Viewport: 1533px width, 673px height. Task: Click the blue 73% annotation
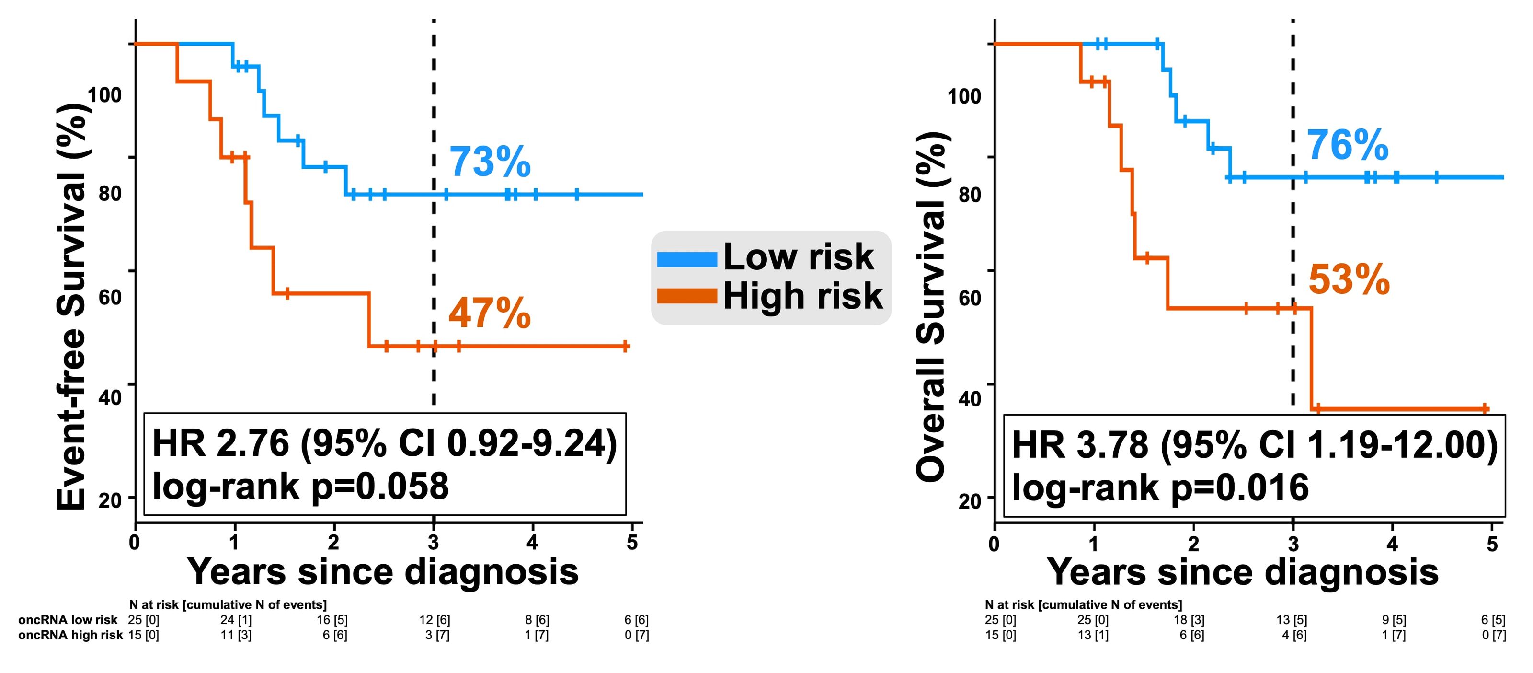(x=489, y=162)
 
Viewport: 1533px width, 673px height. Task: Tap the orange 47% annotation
(x=489, y=314)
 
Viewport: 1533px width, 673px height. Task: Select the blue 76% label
(x=1347, y=145)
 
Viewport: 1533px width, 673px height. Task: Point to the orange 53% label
(x=1349, y=280)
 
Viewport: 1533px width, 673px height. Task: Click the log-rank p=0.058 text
(x=300, y=487)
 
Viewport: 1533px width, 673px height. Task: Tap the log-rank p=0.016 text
(x=1160, y=488)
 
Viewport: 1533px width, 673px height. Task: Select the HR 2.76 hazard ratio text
(x=384, y=444)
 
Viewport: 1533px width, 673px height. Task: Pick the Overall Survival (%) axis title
(x=931, y=307)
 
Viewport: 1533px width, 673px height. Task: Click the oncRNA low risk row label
(x=68, y=620)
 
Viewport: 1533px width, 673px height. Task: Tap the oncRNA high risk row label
(x=70, y=635)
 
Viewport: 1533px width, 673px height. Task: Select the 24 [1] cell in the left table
(x=236, y=620)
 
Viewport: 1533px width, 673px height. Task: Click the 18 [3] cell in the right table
(x=1189, y=620)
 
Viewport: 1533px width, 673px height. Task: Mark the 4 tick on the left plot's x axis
(x=532, y=542)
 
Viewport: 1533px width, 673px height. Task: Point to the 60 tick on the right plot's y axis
(x=970, y=298)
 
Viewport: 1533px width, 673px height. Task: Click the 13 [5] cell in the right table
(x=1292, y=620)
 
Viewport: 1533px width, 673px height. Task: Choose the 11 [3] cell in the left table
(x=236, y=635)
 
